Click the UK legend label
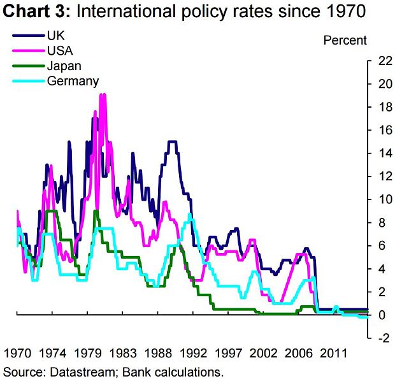coord(55,33)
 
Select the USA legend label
coord(59,49)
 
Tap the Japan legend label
coord(64,65)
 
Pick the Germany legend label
coord(73,81)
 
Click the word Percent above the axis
coord(345,40)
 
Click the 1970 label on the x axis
coord(18,353)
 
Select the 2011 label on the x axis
coord(333,353)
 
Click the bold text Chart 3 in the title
coord(34,11)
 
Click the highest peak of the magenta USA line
coord(103,94)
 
